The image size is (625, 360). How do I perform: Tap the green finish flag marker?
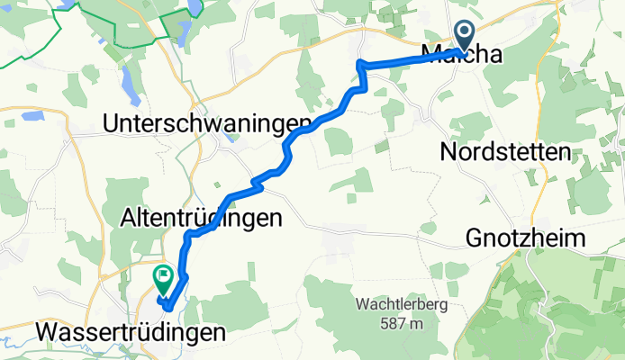click(164, 278)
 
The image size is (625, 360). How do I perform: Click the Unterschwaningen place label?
click(208, 123)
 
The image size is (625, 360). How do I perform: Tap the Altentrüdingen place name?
click(202, 218)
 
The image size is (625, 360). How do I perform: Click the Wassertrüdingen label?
click(131, 333)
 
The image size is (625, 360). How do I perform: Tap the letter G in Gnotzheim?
click(476, 238)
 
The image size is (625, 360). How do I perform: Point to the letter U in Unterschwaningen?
click(113, 123)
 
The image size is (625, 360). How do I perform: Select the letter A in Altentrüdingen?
click(129, 218)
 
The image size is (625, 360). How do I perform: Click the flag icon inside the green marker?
click(164, 275)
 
